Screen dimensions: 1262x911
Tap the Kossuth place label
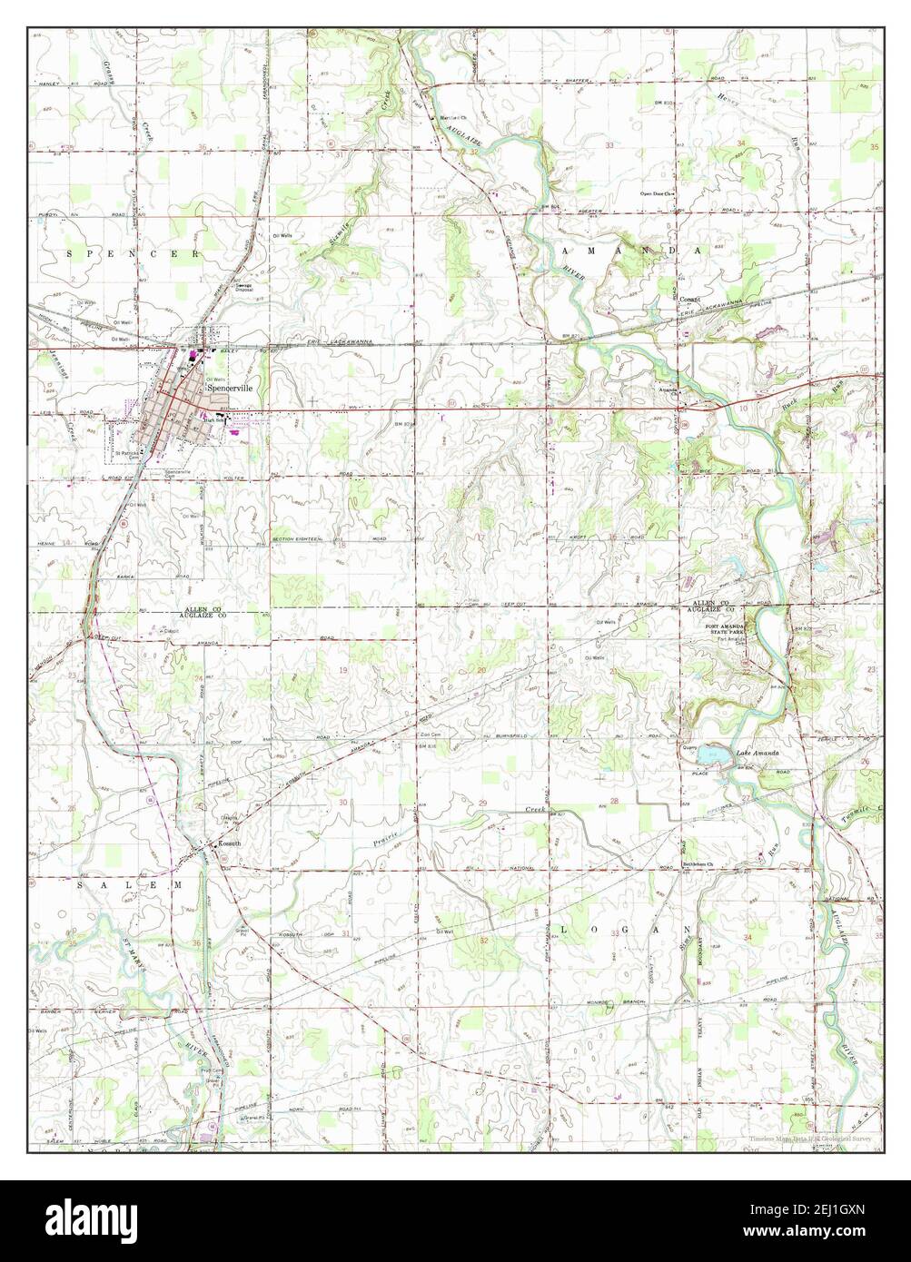pyautogui.click(x=229, y=843)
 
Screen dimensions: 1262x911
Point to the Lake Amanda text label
pyautogui.click(x=758, y=754)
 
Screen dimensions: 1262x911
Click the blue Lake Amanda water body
pyautogui.click(x=712, y=754)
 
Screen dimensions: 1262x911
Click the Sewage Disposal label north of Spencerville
pyautogui.click(x=244, y=287)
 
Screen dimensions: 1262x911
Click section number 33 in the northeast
pyautogui.click(x=609, y=145)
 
